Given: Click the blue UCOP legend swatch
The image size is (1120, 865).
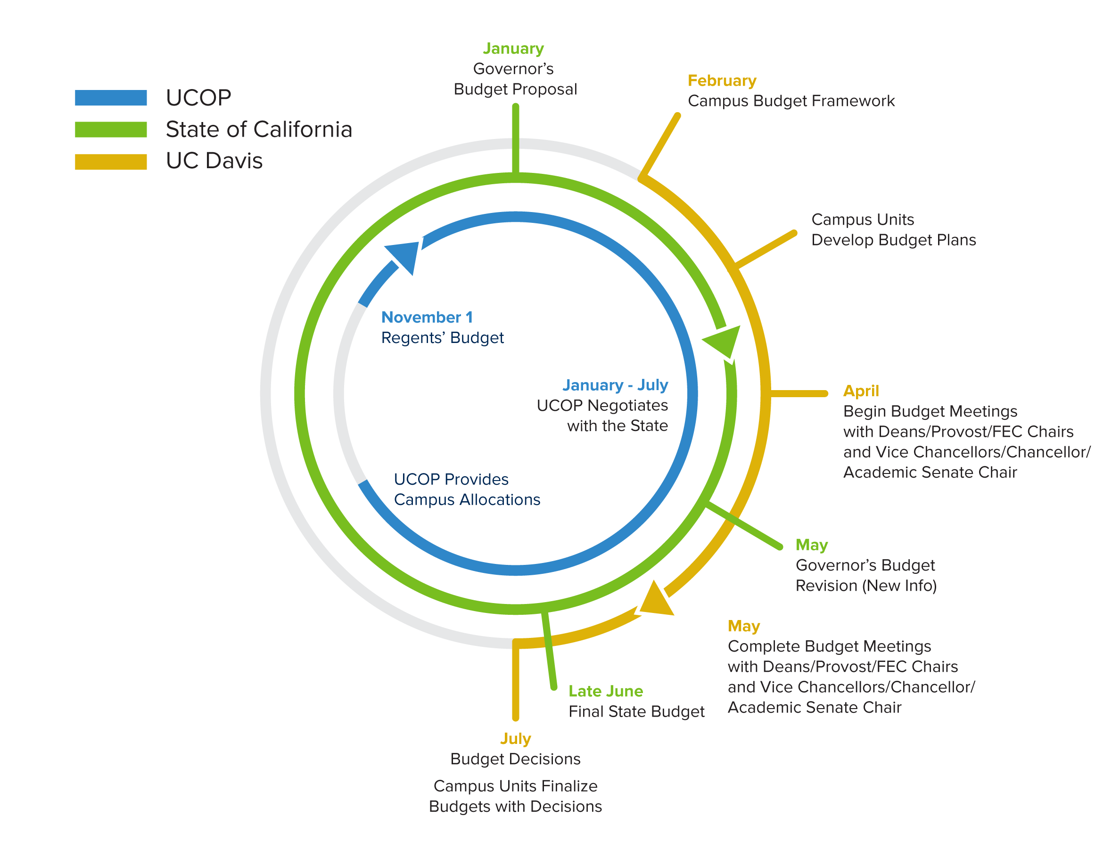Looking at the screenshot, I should (111, 98).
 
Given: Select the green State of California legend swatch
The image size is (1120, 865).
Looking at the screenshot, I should (111, 129).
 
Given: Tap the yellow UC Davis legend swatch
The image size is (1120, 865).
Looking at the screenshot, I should (111, 162).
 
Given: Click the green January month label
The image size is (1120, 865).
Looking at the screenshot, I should (513, 49).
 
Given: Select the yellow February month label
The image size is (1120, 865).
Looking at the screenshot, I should (722, 81).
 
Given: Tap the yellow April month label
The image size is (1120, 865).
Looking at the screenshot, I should (861, 391).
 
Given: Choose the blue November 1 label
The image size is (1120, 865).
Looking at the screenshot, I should (427, 317).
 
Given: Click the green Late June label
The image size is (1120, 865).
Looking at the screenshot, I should (606, 691).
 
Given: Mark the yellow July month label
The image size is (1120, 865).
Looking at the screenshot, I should (515, 738).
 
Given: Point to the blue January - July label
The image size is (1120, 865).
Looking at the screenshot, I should (615, 385).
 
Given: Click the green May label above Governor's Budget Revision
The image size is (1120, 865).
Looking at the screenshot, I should (811, 545).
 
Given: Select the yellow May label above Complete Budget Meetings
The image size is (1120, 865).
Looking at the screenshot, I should (743, 626).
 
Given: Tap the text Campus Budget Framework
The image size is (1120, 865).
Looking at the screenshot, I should (791, 101).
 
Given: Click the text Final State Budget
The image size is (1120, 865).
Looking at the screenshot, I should (636, 712).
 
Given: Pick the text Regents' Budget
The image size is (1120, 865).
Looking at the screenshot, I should (443, 338).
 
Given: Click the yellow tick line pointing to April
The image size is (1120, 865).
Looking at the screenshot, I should (799, 393).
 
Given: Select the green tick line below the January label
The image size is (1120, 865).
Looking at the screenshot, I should (515, 139).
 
